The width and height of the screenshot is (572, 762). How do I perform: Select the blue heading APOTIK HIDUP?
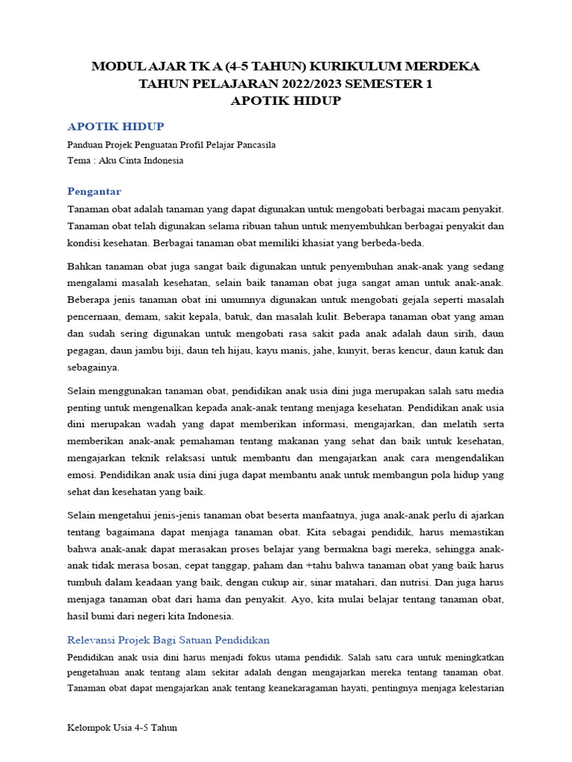tap(115, 127)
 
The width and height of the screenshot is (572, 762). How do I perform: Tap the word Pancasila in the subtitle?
tap(251, 145)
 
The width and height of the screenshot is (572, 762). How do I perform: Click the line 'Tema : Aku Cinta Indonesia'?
tap(125, 160)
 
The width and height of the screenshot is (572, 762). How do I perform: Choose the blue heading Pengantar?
tap(94, 191)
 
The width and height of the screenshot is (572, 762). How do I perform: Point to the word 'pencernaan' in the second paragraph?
tap(94, 316)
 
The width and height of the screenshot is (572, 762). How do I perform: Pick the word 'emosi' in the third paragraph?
tap(80, 475)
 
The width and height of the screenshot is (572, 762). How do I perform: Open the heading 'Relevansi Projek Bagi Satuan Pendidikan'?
tap(168, 640)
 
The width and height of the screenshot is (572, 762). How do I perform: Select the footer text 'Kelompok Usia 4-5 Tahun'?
tap(122, 728)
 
